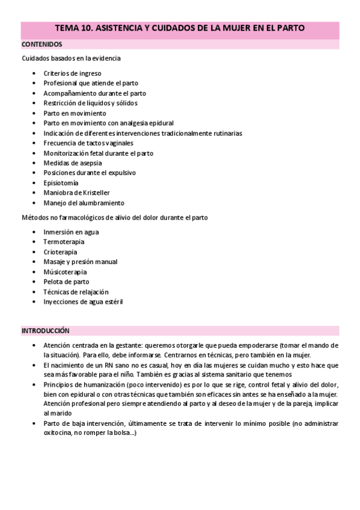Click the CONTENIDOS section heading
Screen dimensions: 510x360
[x=41, y=45]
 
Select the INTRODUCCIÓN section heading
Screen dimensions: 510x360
[x=46, y=331]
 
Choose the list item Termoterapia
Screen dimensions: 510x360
[x=64, y=242]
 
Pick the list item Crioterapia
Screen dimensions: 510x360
[x=60, y=252]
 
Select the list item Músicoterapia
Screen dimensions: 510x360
[x=65, y=272]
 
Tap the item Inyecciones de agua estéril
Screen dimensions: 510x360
[x=83, y=301]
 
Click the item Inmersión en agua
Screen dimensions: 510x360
[x=71, y=232]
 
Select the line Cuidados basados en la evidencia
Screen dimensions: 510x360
[x=71, y=58]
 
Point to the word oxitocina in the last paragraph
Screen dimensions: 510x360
[x=58, y=435]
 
